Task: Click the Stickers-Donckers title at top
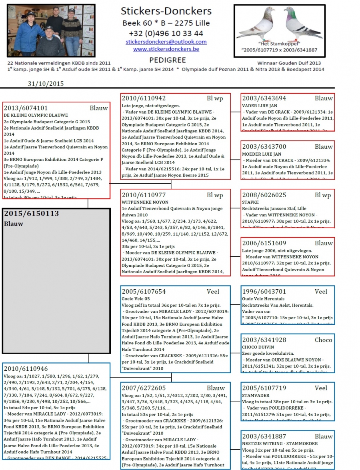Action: pos(166,11)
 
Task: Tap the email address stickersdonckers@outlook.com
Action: pos(166,42)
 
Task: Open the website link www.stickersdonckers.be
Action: pos(166,49)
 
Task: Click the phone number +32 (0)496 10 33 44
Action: pos(166,33)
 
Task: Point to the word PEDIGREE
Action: pos(166,60)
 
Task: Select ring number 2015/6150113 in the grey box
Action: pos(32,214)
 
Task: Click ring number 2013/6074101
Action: pos(26,108)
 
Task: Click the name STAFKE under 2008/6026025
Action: pos(250,202)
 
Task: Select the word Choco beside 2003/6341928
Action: pos(323,340)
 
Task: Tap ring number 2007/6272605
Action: pos(144,388)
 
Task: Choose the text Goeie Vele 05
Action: pos(136,298)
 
